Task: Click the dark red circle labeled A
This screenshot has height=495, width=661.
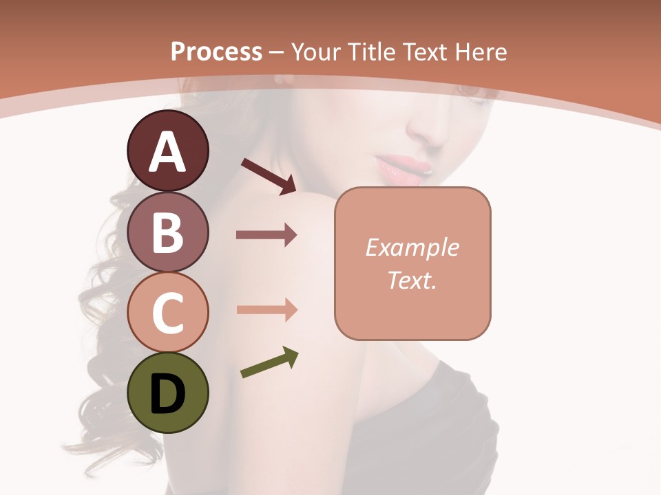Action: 167,151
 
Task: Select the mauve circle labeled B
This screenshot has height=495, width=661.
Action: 167,232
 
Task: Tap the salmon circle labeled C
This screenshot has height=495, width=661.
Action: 167,312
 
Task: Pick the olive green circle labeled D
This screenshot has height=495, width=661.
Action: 167,393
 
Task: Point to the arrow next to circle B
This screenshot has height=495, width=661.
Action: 266,235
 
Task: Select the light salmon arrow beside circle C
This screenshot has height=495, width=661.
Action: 266,309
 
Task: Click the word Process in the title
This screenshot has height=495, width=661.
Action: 216,52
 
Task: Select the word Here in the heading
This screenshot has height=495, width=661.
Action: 479,52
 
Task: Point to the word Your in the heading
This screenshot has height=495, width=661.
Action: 315,52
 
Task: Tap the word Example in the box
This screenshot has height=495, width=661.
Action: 412,247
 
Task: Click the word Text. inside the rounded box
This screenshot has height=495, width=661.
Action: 412,280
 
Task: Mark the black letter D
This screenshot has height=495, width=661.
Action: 167,394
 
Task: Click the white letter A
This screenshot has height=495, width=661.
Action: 167,152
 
